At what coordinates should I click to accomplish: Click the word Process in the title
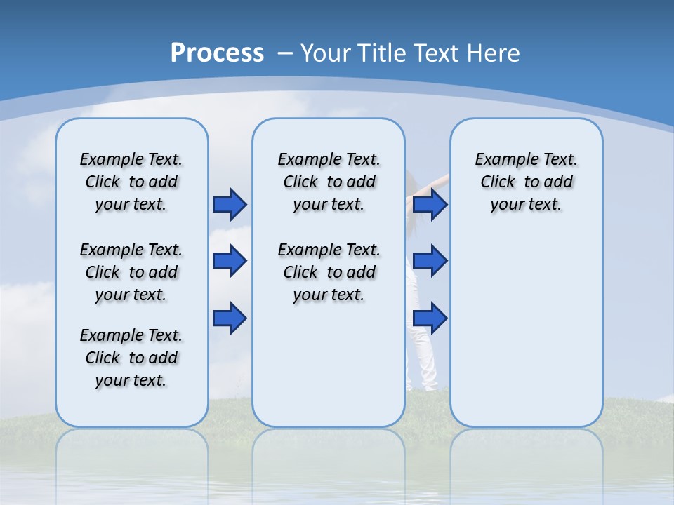coord(217,53)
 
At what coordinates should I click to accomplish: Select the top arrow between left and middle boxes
coord(230,204)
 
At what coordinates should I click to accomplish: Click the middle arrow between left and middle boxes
coord(230,261)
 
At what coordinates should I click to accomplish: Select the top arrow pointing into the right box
coord(430,204)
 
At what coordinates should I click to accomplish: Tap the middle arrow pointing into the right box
coord(430,261)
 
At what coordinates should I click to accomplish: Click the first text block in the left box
coord(131,182)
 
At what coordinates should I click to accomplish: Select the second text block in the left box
coord(131,272)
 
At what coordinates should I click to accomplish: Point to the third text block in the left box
coord(131,358)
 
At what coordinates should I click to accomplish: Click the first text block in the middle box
coord(329,182)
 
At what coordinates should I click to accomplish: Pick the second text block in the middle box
coord(329,272)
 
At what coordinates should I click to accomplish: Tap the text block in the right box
coord(526,182)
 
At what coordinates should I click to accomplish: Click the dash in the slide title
coord(285,53)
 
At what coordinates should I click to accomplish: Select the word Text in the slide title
coord(437,53)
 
